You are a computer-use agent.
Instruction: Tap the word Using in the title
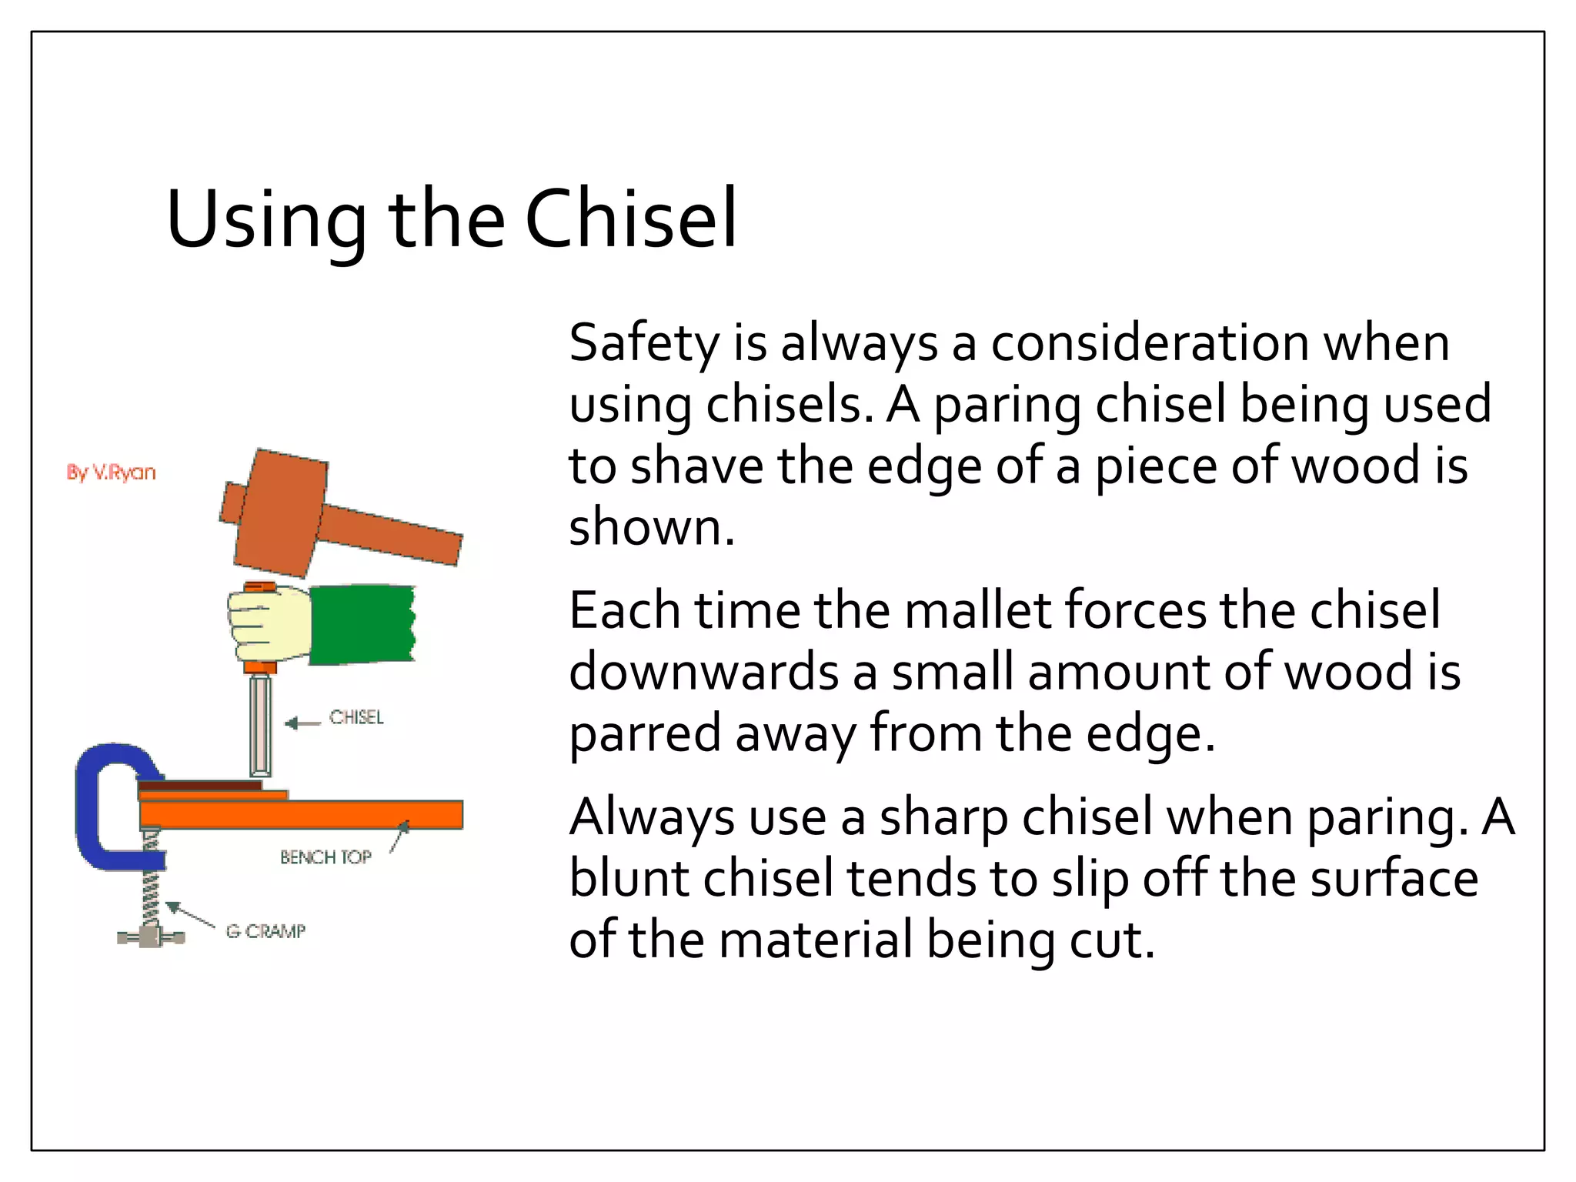coord(265,222)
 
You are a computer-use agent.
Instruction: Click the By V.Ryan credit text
coord(111,472)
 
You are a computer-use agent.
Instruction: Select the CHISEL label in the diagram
coord(356,717)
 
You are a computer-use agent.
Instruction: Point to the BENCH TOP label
coord(326,857)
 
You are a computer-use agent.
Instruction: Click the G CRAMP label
coord(265,931)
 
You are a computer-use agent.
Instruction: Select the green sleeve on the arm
coord(362,623)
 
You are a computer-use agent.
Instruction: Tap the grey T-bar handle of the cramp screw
coord(151,937)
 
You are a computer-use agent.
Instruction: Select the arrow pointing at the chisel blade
coord(302,723)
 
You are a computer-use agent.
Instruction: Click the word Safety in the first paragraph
coord(643,343)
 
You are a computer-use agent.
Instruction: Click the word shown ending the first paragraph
coord(651,529)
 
